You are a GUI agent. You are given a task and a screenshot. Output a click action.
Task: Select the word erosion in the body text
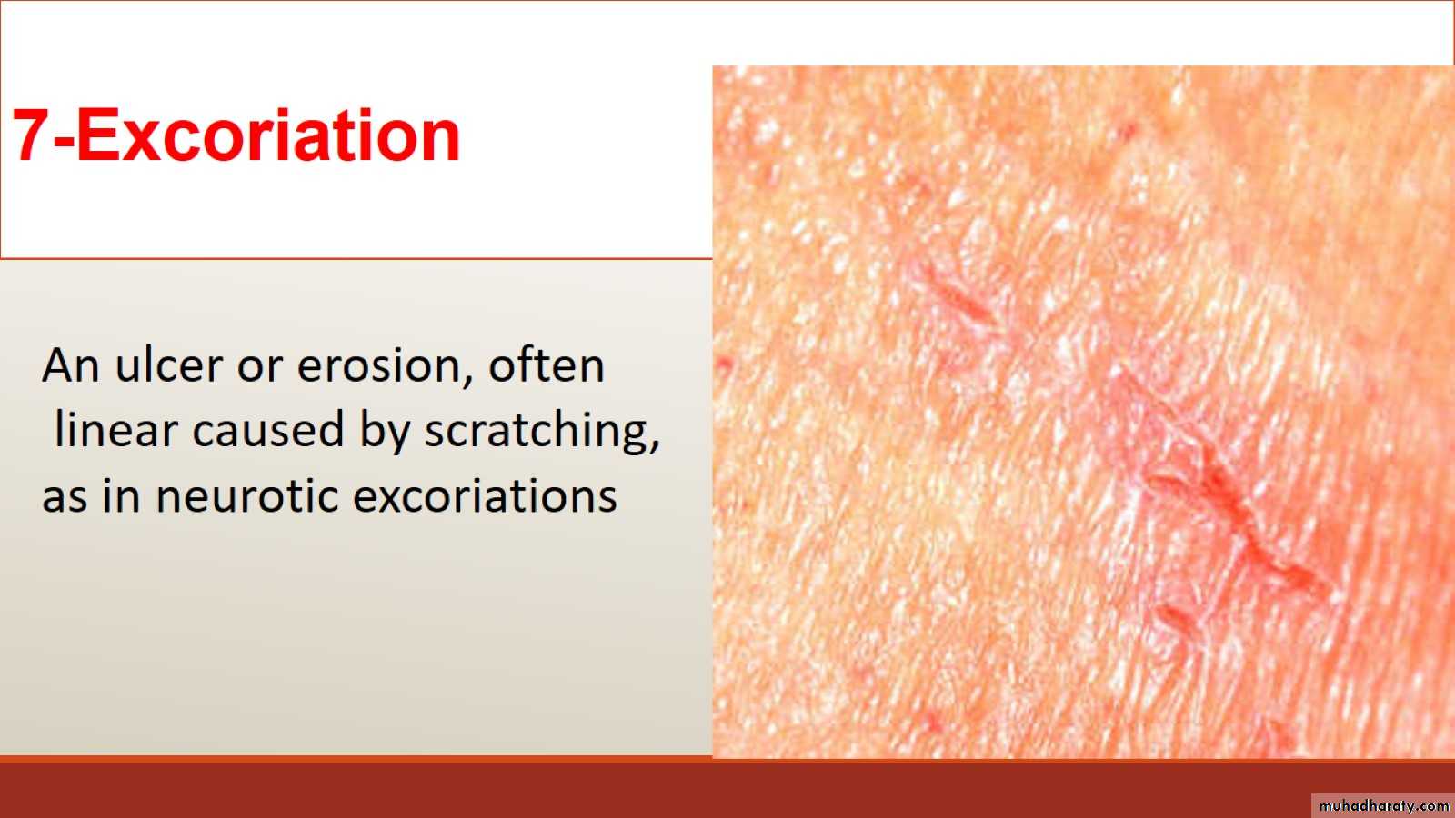click(378, 365)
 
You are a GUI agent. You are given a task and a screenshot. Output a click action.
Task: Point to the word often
click(547, 364)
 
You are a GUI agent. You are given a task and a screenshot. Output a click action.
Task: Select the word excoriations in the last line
click(485, 495)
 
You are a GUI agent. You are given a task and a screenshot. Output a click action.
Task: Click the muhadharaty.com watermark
click(1383, 805)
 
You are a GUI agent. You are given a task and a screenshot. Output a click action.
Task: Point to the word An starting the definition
click(71, 364)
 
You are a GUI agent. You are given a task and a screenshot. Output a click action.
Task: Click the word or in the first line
click(259, 370)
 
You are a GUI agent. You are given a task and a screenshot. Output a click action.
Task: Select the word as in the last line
click(65, 500)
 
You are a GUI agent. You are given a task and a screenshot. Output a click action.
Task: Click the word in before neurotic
click(122, 495)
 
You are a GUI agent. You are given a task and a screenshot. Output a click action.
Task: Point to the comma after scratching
click(654, 444)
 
